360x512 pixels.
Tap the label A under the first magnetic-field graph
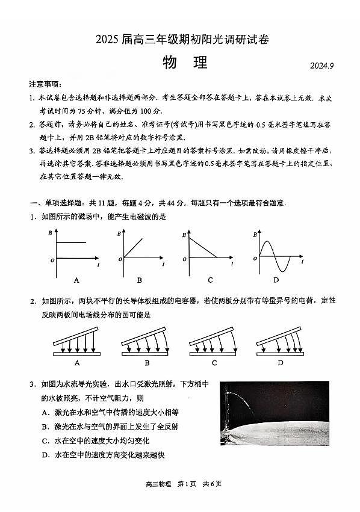76,280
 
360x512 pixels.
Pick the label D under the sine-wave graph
276,280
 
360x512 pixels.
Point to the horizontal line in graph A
71,243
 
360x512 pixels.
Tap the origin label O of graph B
120,260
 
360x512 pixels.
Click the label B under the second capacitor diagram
147,363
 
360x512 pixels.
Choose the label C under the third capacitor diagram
214,363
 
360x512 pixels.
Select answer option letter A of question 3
46,412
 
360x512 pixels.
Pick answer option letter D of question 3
46,455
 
